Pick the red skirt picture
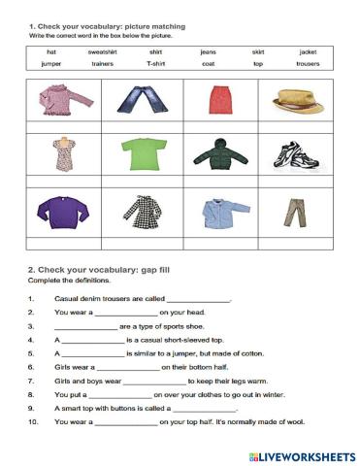[x=218, y=98]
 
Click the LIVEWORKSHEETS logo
[x=302, y=455]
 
